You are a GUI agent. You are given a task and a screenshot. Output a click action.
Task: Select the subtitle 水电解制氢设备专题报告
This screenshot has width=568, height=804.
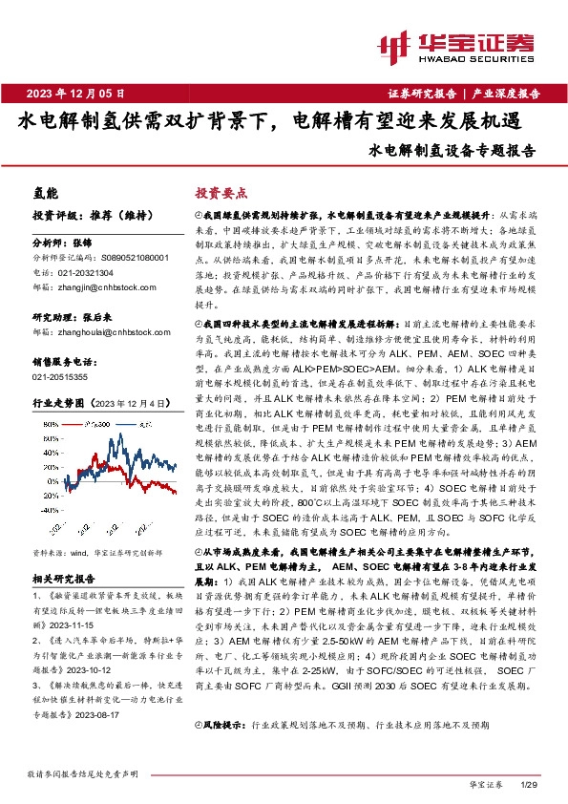[451, 151]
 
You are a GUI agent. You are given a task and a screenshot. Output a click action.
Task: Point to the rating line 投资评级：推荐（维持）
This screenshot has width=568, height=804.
[82, 216]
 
